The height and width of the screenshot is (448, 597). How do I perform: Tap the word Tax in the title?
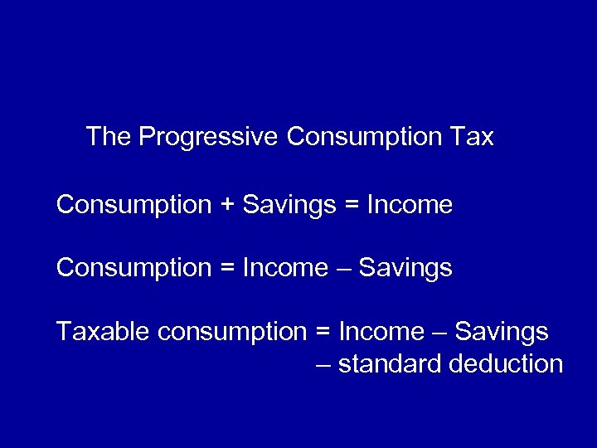tap(473, 137)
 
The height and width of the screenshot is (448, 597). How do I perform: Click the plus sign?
tap(228, 204)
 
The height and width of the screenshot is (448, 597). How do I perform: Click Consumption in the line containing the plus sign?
tap(134, 204)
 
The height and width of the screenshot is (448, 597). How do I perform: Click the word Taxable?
tap(102, 332)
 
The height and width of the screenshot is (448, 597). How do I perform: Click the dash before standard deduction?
tap(324, 365)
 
